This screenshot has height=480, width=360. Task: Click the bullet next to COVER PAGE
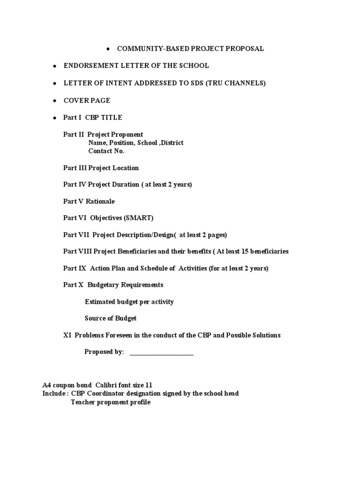point(54,101)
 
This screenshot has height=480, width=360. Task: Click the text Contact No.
point(106,151)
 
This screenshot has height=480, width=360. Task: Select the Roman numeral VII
point(83,235)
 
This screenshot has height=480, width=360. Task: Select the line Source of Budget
point(111,319)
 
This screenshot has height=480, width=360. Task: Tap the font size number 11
point(149,385)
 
